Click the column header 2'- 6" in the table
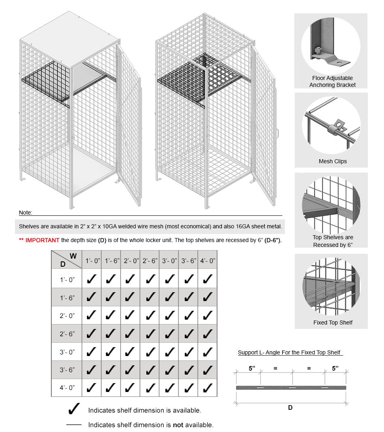click(150, 261)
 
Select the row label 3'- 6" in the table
click(68, 370)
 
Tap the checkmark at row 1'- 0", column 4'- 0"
click(208, 279)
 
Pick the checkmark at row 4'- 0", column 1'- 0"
click(92, 388)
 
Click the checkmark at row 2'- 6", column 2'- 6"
click(150, 333)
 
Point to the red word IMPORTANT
click(42, 240)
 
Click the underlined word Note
click(25, 213)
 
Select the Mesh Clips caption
click(333, 161)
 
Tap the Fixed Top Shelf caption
click(333, 322)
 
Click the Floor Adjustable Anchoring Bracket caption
click(333, 81)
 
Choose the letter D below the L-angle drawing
click(290, 407)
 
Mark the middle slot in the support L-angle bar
click(292, 388)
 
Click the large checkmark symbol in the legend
click(74, 409)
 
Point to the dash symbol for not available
click(74, 425)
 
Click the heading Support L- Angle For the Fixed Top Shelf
click(289, 352)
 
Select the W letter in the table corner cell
click(73, 256)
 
